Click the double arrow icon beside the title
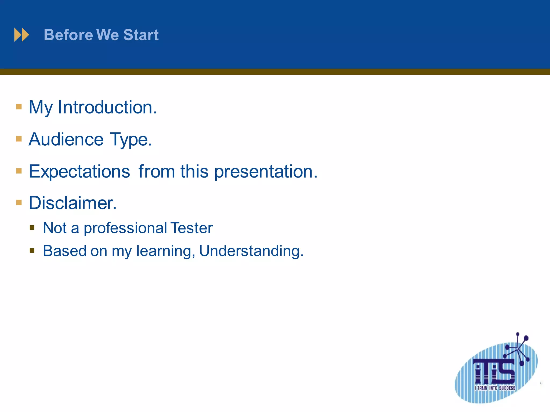tap(21, 35)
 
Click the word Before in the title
tap(68, 35)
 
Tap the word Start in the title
tap(141, 35)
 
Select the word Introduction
tap(108, 107)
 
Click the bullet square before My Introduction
tap(19, 107)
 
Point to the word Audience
tap(66, 139)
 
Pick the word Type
tap(131, 140)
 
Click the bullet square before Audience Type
tap(19, 139)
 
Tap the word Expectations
tap(79, 172)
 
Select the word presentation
tap(266, 172)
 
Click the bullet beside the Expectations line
tap(19, 171)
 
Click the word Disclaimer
tap(73, 203)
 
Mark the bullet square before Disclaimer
tap(19, 202)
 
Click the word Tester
tap(191, 228)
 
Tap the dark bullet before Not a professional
tap(32, 228)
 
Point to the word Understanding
tap(251, 251)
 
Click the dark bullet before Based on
tap(32, 251)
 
